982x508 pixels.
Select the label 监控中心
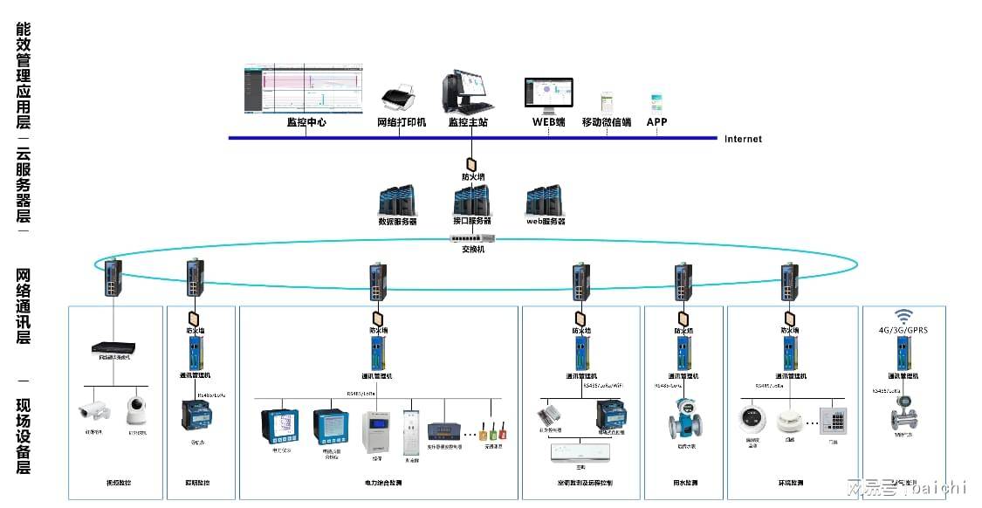point(306,123)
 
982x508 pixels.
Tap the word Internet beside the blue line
point(743,139)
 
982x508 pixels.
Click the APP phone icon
point(656,100)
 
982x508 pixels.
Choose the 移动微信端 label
point(607,123)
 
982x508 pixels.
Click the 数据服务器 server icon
point(397,201)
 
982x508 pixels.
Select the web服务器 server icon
point(545,201)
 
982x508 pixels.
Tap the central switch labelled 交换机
point(472,237)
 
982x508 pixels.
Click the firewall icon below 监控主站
point(472,163)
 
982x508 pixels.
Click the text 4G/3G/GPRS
point(903,331)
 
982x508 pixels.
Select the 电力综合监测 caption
point(379,483)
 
